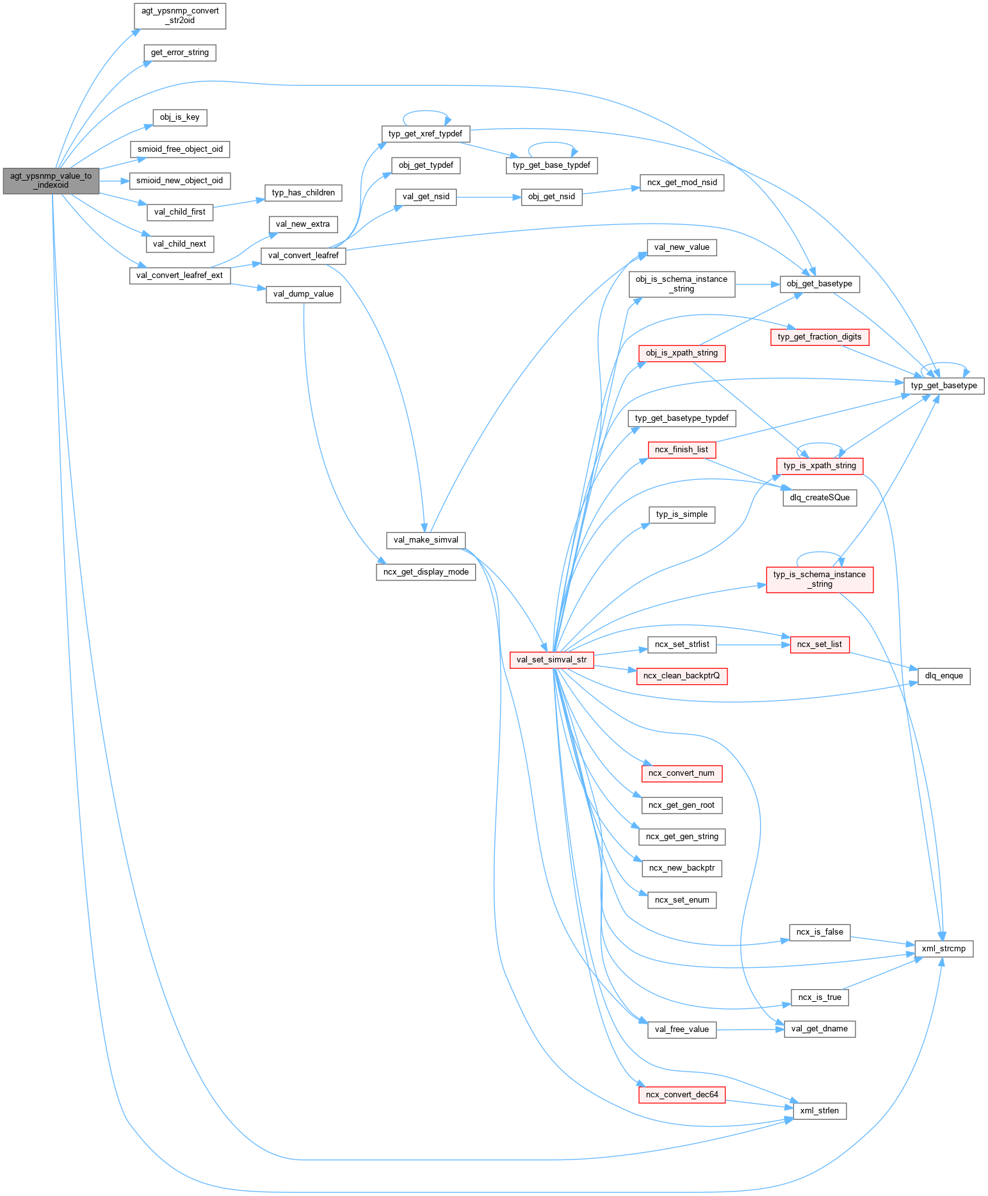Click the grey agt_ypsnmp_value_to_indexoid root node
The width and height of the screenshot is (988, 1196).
click(51, 181)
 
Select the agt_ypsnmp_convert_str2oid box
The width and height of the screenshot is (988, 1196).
click(180, 16)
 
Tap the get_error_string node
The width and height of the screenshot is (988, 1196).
click(180, 53)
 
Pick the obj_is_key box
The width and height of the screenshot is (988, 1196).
click(180, 117)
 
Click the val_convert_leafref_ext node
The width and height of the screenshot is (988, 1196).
click(180, 275)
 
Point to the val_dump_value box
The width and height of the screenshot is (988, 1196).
click(304, 294)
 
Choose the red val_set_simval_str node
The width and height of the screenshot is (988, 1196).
click(551, 660)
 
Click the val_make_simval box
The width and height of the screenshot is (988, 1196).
click(426, 540)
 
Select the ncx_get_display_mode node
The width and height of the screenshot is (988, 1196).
click(426, 572)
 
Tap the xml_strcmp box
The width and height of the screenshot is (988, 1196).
click(944, 949)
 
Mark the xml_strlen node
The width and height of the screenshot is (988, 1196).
click(820, 1111)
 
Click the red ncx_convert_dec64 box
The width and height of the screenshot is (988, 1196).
click(682, 1095)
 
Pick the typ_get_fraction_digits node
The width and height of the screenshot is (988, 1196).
click(820, 337)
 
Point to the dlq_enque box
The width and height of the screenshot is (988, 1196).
click(944, 676)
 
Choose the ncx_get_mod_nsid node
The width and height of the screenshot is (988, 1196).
click(682, 183)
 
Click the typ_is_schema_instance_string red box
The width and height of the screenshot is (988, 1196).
click(820, 579)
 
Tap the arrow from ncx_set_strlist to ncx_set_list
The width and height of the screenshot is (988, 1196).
click(753, 644)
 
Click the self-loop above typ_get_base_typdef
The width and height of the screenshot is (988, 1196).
click(552, 143)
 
